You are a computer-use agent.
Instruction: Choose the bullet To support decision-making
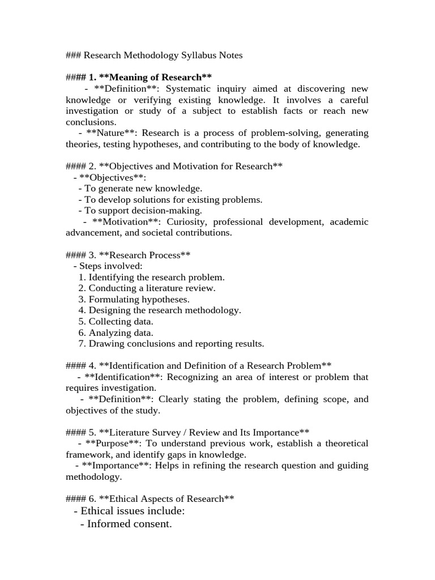pos(144,211)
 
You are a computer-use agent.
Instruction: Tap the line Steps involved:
pos(108,266)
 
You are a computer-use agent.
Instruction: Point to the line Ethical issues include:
pos(129,511)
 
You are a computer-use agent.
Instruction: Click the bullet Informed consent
pos(126,524)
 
